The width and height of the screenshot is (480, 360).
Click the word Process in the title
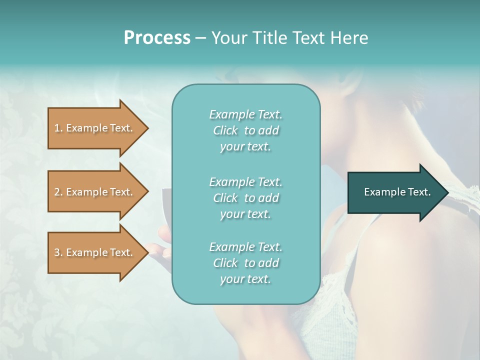156,38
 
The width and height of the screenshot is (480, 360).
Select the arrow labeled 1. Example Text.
95,128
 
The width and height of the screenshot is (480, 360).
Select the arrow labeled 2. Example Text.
95,192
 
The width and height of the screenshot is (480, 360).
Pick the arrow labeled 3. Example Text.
95,252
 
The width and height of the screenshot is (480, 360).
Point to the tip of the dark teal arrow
447,192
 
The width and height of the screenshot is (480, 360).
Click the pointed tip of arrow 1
147,128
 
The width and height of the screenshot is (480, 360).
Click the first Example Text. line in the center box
245,114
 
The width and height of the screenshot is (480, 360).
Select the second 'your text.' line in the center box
245,214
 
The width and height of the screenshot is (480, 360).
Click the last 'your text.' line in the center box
245,279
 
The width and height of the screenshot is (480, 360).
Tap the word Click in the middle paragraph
225,198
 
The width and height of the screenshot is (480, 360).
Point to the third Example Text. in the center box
245,247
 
